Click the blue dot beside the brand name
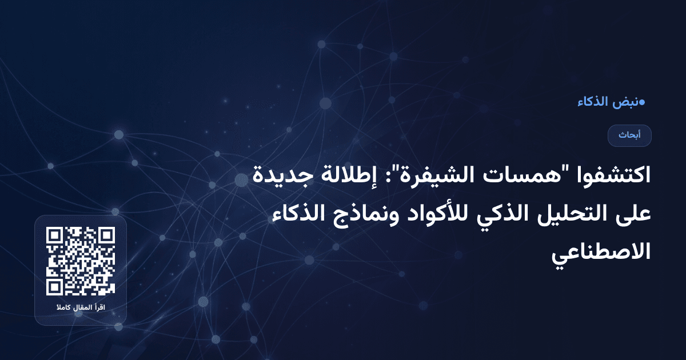coord(641,102)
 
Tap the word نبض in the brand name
coord(625,102)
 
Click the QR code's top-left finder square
coord(55,236)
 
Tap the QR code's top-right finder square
coord(106,236)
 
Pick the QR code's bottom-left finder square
coord(55,287)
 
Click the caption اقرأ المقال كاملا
coord(81,309)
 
